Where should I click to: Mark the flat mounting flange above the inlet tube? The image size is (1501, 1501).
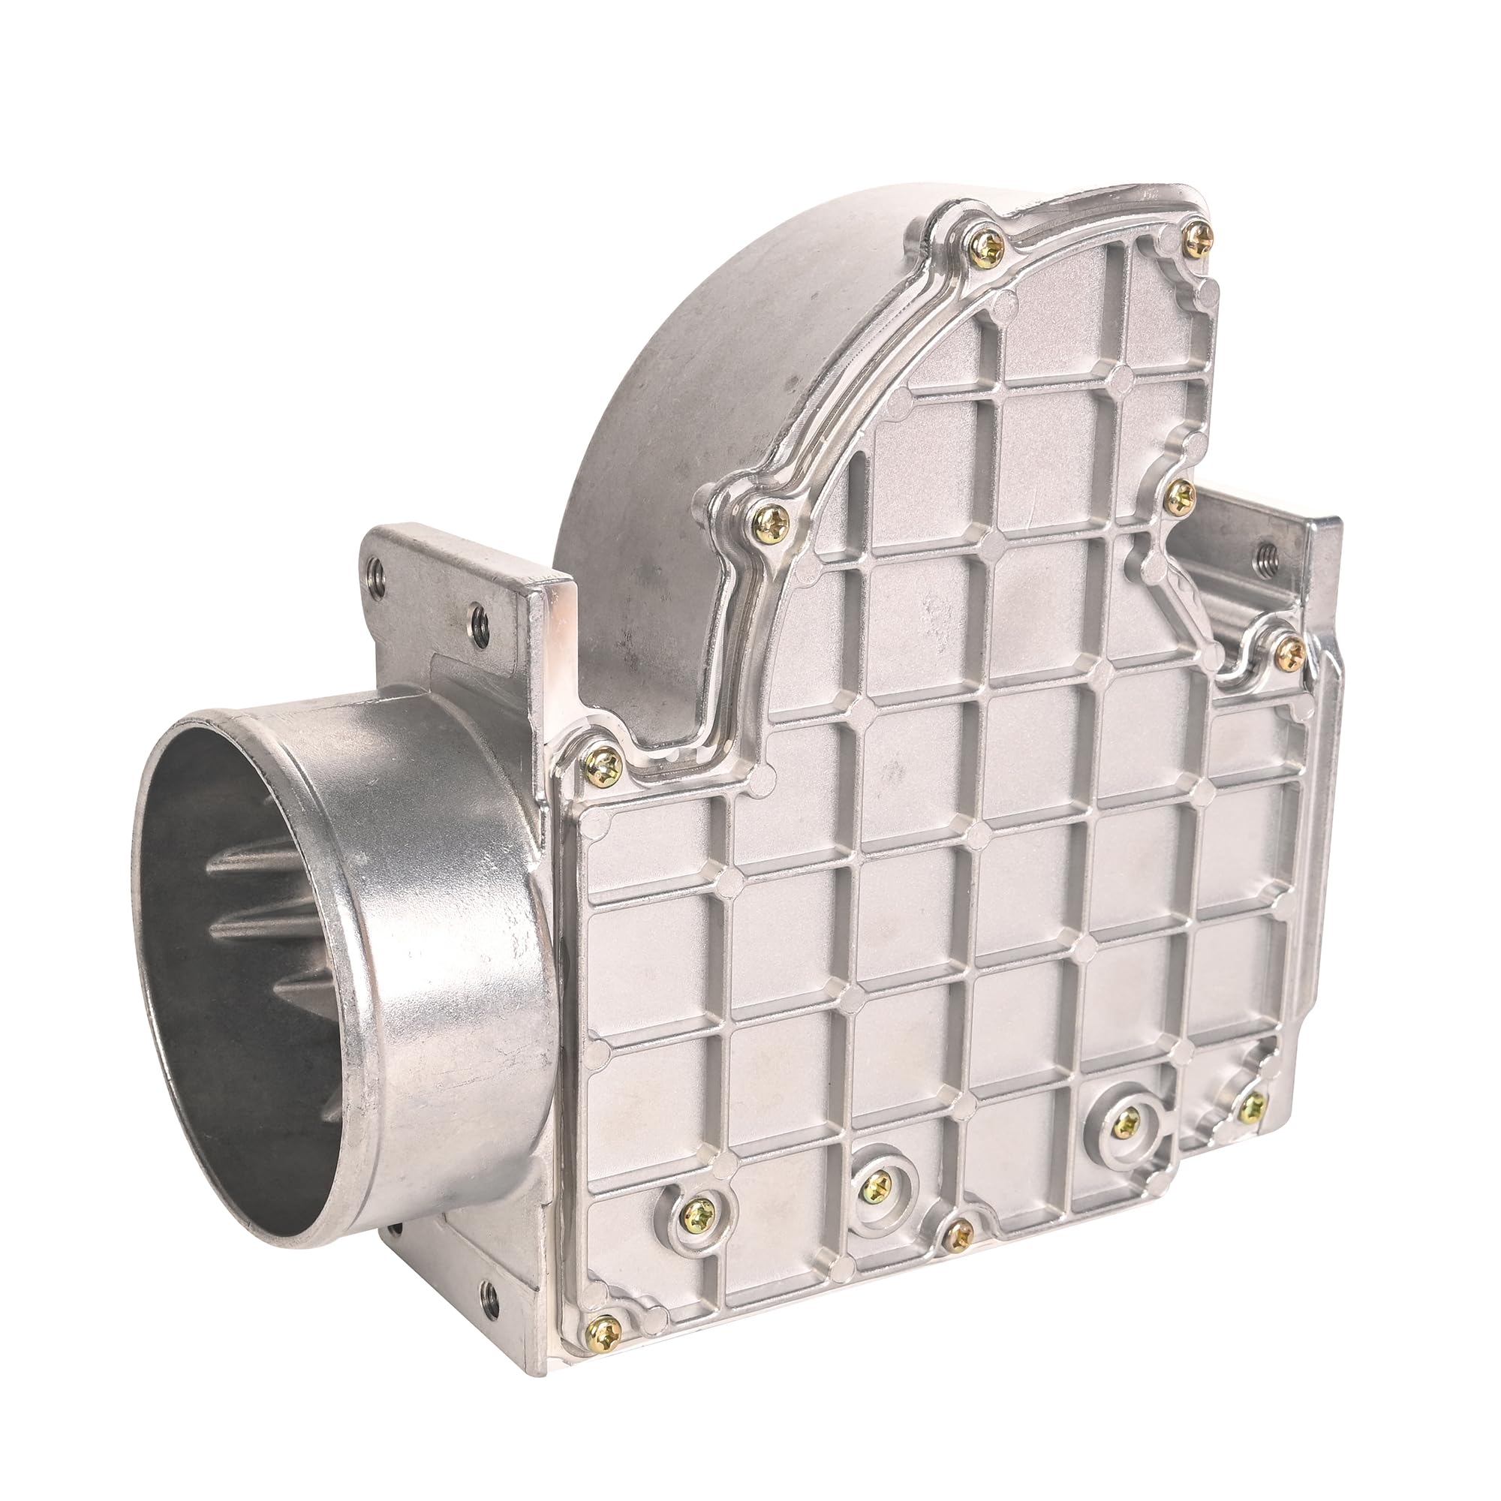[x=459, y=598]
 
